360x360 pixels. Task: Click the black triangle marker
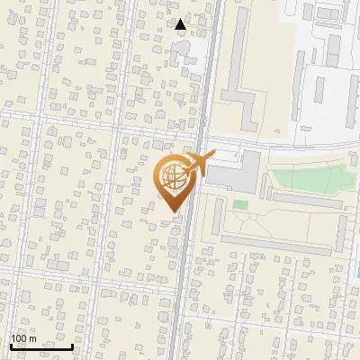181,24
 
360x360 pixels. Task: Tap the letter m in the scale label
32,338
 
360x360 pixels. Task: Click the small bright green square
239,205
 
